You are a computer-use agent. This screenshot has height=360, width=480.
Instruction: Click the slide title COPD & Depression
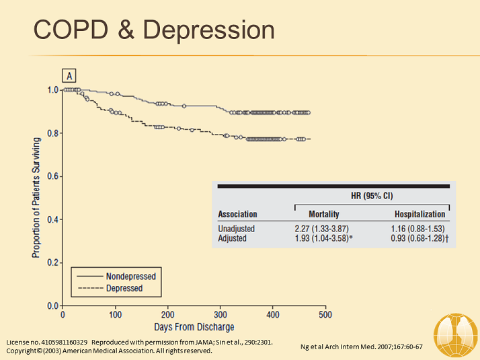coord(154,30)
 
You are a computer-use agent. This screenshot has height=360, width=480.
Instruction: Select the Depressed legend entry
coord(124,288)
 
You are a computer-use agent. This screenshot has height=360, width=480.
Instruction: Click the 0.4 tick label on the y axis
coord(53,219)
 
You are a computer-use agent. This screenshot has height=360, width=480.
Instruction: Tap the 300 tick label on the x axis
coord(220,314)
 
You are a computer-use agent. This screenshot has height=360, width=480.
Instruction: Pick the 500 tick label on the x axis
coord(325,314)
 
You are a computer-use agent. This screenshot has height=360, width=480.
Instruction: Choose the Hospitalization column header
coord(420,214)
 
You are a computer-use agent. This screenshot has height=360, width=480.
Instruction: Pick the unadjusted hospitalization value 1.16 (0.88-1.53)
coord(418,229)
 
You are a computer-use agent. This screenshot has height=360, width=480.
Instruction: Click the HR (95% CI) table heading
coord(371,196)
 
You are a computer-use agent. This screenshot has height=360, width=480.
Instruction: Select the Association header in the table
coord(237,214)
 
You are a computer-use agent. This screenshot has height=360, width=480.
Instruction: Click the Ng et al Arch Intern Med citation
coord(360,347)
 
